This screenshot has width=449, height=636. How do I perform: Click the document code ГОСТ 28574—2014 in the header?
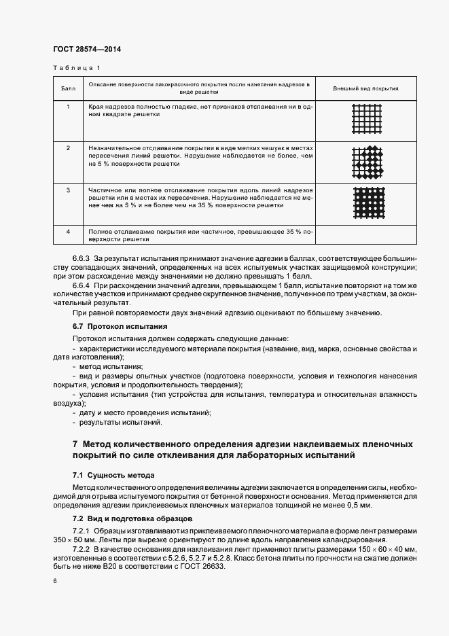pyautogui.click(x=87, y=49)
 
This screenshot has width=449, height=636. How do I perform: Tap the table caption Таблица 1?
pyautogui.click(x=76, y=68)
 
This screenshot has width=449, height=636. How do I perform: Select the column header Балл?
pyautogui.click(x=68, y=89)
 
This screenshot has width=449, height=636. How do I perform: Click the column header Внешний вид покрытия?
pyautogui.click(x=366, y=89)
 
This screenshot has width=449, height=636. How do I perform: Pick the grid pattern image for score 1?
pyautogui.click(x=367, y=120)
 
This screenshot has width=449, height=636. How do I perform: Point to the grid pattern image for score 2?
pyautogui.click(x=367, y=162)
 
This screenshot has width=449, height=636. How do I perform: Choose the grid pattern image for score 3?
pyautogui.click(x=367, y=203)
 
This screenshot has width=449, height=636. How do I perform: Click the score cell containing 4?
pyautogui.click(x=68, y=232)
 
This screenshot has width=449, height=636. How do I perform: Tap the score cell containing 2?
pyautogui.click(x=68, y=147)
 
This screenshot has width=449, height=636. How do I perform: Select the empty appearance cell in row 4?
pyautogui.click(x=366, y=234)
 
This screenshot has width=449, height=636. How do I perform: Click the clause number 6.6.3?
pyautogui.click(x=82, y=260)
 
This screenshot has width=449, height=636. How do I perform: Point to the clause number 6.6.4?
pyautogui.click(x=82, y=286)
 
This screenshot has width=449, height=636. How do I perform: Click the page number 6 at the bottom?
pyautogui.click(x=54, y=581)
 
